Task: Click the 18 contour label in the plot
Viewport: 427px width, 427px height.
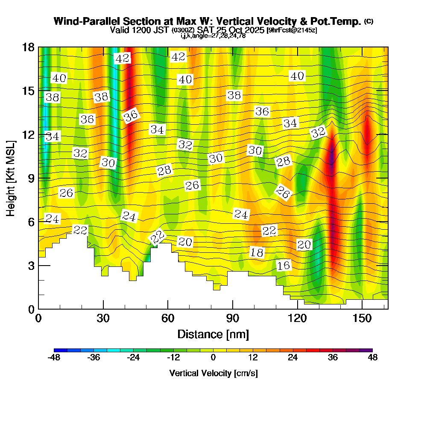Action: click(x=257, y=252)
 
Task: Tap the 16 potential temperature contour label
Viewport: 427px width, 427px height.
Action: click(x=284, y=266)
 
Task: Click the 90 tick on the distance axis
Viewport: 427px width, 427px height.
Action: click(x=232, y=319)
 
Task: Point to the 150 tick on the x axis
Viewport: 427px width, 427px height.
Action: click(x=362, y=319)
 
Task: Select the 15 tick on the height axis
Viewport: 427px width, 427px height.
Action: click(x=28, y=91)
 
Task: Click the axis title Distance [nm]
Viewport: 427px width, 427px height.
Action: click(x=213, y=333)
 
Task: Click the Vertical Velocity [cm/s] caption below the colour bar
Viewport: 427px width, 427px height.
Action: click(x=213, y=373)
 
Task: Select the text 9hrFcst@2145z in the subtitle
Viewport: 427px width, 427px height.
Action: click(x=292, y=30)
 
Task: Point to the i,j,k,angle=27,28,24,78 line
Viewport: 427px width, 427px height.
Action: click(x=213, y=36)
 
